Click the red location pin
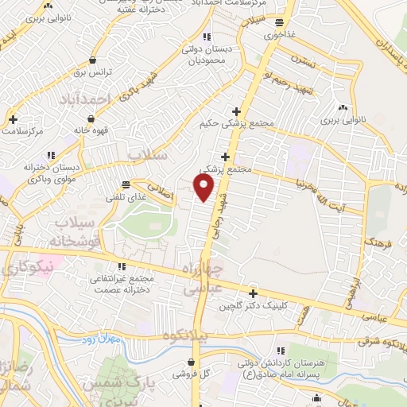pos(204,188)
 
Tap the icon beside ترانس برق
pos(94,60)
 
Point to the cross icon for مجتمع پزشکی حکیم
pos(236,111)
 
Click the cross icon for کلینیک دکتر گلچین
pos(253,293)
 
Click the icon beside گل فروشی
pos(181,372)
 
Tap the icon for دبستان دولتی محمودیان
pos(207,37)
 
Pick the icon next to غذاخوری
pos(278,23)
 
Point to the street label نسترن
pos(301,60)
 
